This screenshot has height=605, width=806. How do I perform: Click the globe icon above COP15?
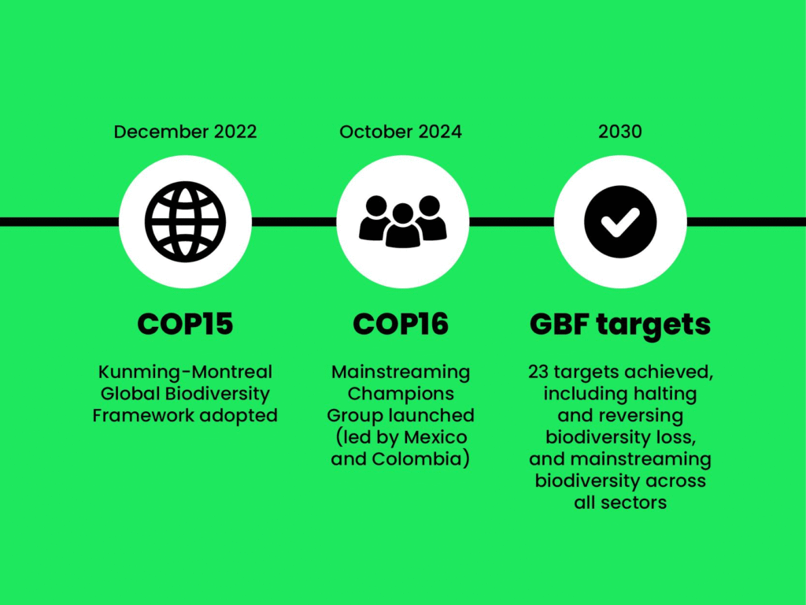point(185,221)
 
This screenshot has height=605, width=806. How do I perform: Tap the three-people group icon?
point(402,221)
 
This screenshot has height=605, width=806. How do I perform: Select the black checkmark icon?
point(620,221)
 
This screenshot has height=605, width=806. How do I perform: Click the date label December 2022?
point(185,132)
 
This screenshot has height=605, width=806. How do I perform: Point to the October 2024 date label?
point(401,132)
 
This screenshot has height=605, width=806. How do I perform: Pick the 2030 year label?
point(620,132)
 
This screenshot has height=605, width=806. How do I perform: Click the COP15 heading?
point(185,324)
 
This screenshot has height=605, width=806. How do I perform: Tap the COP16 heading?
point(401,324)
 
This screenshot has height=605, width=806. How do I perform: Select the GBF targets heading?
point(620,325)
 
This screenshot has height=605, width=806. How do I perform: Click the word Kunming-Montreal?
point(185,372)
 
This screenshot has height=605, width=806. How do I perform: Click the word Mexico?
point(435,436)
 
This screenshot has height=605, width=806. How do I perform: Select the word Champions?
point(401,394)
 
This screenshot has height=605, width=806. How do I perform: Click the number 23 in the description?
point(538,372)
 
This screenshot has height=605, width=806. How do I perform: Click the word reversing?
point(647,415)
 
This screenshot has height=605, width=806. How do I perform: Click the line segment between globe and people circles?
point(294,221)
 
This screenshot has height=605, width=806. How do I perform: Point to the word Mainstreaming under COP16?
point(401,372)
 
